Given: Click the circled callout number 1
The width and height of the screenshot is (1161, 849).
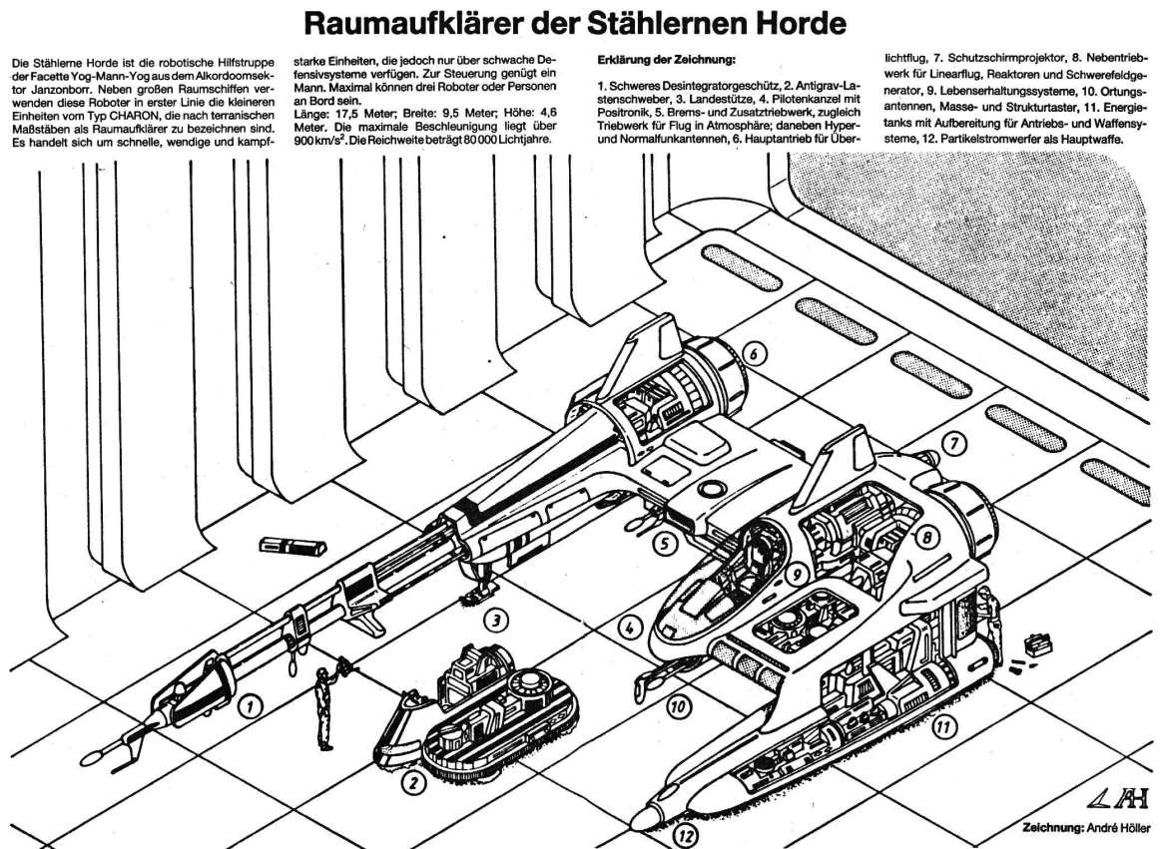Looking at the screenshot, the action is click(251, 707).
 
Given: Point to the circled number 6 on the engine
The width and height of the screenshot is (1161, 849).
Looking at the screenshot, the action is click(753, 355).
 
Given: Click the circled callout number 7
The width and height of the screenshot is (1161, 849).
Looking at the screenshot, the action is click(953, 443).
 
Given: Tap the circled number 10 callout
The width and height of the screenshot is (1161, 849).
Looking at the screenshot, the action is click(678, 706).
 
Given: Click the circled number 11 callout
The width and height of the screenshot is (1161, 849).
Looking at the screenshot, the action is click(941, 728).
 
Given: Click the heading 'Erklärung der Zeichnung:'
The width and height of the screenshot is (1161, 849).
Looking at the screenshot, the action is click(666, 59).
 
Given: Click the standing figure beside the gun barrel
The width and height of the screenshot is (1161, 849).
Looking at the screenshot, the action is click(322, 708).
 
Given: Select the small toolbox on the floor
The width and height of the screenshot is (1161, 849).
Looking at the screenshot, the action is click(1036, 644).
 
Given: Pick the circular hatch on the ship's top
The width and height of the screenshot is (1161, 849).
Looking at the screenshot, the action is click(713, 489).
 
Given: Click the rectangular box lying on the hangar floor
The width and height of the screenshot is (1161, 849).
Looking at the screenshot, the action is click(290, 549).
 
